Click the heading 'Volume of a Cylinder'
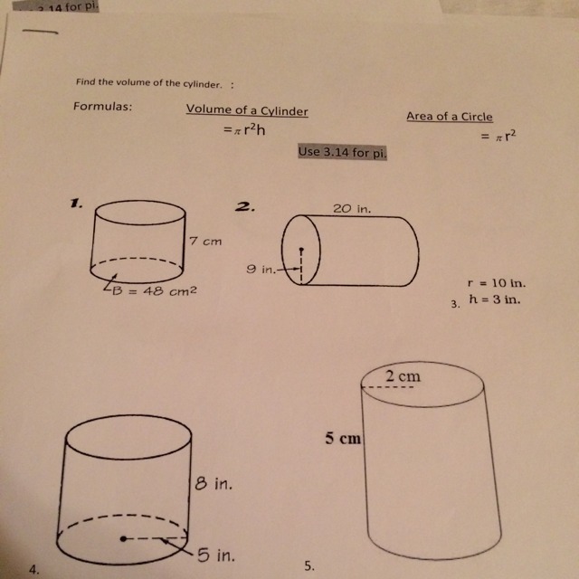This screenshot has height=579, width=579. (x=247, y=110)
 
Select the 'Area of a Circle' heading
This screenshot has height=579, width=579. (x=450, y=117)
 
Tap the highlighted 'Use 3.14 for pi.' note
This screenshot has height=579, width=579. (x=343, y=152)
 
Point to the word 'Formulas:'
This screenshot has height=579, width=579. (x=102, y=107)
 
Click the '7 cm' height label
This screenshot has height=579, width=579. (x=205, y=242)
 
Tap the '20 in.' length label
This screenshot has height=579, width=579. (x=352, y=209)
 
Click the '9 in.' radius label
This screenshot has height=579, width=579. (x=261, y=270)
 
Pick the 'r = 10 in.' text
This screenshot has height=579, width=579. (x=497, y=283)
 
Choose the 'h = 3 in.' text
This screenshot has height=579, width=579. (x=495, y=299)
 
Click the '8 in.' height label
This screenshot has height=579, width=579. (x=214, y=483)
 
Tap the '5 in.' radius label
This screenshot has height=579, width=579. (x=215, y=555)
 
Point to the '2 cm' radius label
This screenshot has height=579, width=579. (x=403, y=376)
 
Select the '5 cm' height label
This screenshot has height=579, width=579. (x=343, y=438)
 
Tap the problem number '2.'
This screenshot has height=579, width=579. (x=245, y=207)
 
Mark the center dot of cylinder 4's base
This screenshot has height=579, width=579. (x=123, y=539)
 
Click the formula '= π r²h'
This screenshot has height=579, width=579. (x=244, y=129)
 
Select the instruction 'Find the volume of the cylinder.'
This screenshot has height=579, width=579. (x=149, y=82)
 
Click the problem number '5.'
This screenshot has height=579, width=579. (x=309, y=566)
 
